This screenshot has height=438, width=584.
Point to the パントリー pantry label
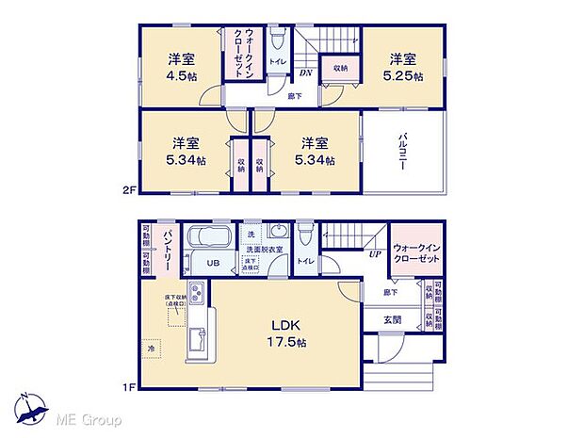(x=167, y=248)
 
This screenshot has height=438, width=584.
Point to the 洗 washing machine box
(x=250, y=234)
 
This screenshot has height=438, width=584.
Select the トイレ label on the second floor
(x=278, y=61)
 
